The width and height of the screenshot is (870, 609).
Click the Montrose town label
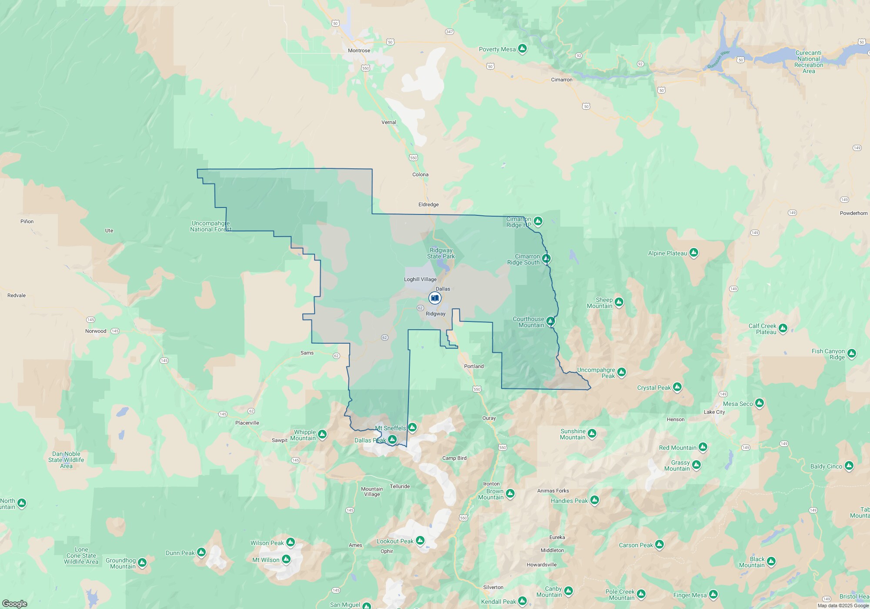pos(359,50)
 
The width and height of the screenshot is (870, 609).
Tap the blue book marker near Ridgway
pos(435,298)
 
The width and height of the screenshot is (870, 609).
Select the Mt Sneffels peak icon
pos(412,428)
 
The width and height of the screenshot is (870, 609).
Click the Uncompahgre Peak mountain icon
pos(622,372)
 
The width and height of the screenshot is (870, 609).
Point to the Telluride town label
pos(399,486)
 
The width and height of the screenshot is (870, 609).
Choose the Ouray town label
pos(489,418)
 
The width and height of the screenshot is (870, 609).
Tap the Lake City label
pos(714,412)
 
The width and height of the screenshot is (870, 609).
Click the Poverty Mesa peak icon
pos(522,49)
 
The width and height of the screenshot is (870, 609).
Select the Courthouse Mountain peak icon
pos(550,321)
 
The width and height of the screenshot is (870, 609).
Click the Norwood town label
pos(96,331)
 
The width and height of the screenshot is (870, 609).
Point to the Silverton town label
pos(493,587)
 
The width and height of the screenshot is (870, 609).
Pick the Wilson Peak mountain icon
pos(291,542)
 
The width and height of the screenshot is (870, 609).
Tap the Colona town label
pos(420,174)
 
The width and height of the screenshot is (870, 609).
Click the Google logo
pos(15,603)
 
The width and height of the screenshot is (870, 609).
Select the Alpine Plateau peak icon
pos(694,253)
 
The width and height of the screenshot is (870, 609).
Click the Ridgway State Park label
pos(441,253)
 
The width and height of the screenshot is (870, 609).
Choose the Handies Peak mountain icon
pos(595,500)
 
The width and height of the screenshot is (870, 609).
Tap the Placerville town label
pos(247,423)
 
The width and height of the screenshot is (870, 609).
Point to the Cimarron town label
pos(562,80)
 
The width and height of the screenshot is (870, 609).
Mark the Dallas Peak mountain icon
pos(392,440)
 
